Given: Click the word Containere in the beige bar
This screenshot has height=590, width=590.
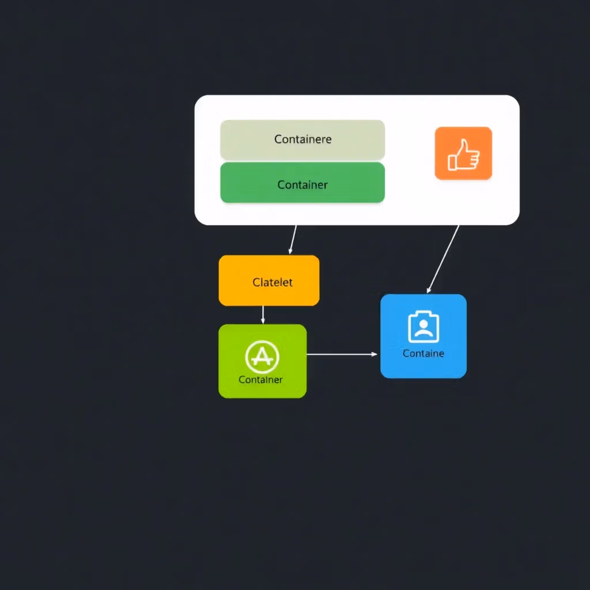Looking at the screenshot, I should tap(302, 139).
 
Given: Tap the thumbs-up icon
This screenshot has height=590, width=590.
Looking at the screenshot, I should tap(464, 154).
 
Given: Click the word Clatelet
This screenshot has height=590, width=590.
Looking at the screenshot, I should tap(273, 282).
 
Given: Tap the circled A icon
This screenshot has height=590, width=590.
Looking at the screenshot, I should tap(262, 357).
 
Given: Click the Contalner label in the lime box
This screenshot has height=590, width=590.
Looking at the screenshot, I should tap(260, 380).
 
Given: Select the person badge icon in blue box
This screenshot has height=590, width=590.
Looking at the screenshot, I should tap(423, 327).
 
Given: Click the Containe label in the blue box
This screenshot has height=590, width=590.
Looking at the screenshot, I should tap(423, 353).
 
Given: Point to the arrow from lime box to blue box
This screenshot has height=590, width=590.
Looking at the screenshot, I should tap(340, 354).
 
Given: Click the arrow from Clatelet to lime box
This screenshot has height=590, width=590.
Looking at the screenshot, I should tap(263, 315).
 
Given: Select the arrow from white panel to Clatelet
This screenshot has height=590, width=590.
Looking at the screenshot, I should tap(293, 239).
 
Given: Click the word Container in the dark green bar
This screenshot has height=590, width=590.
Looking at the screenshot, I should tap(302, 184).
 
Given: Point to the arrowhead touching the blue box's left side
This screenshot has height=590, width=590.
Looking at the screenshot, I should tap(375, 354).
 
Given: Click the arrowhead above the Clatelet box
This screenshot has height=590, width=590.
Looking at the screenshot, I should tap(290, 251).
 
